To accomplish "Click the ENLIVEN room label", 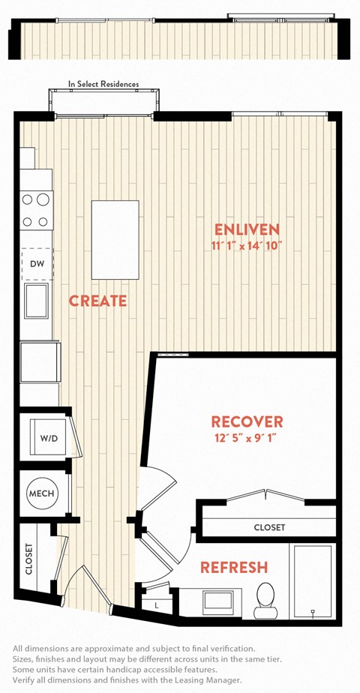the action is click(247, 229).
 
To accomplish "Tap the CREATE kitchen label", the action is click(97, 301).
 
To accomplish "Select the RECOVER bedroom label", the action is click(247, 421).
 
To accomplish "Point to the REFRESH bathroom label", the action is click(234, 567).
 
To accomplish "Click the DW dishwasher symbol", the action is click(37, 264).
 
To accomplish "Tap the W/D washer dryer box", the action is click(49, 437).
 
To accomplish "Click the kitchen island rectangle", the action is click(115, 239).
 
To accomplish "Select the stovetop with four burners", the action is click(37, 210).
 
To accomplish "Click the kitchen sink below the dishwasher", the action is click(37, 301).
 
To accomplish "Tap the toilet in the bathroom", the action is click(266, 600).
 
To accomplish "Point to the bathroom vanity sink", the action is click(217, 602).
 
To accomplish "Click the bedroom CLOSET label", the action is click(269, 527).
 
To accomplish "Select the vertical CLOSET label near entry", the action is click(29, 559).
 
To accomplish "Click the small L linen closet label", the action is click(157, 605).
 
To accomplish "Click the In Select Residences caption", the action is click(103, 83).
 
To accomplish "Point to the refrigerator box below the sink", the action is click(40, 361).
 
